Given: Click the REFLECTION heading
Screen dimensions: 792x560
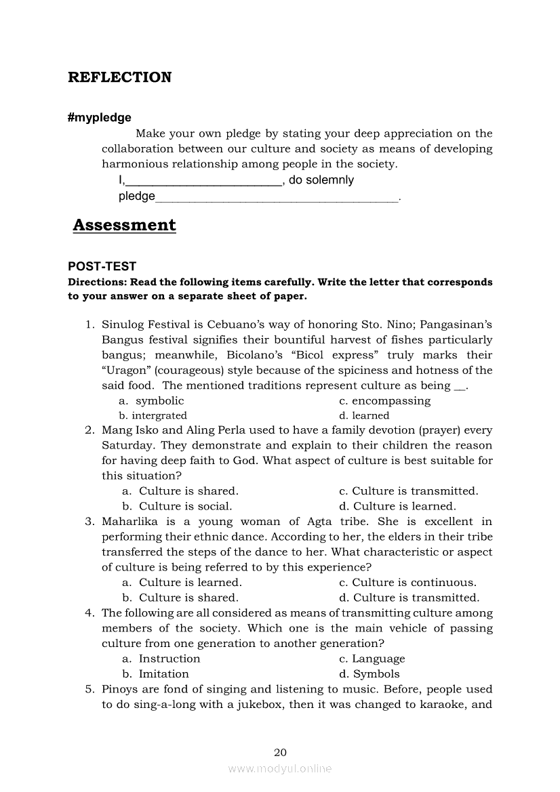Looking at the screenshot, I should pos(119,77).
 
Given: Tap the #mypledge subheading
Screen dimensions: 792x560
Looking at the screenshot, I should pos(100,118).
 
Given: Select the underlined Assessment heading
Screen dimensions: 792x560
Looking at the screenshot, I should pos(124,225).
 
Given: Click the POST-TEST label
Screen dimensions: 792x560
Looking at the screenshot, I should pos(102,267).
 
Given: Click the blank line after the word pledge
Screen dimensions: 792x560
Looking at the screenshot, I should pos(277,197).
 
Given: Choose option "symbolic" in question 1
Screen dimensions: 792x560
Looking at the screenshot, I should pos(159,401).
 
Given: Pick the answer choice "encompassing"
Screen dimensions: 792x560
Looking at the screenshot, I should pos(391,401).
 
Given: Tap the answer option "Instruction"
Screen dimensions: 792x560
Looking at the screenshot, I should pos(169,659).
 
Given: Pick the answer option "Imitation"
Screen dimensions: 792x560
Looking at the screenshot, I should pos(163,674).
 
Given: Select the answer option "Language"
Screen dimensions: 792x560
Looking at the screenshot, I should pos(378,659).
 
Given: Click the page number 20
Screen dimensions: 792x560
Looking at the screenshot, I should pos(280,752).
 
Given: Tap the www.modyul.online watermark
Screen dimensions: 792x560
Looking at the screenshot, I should pos(280,768).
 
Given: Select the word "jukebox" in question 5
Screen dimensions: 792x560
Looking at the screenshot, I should pos(327,705).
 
